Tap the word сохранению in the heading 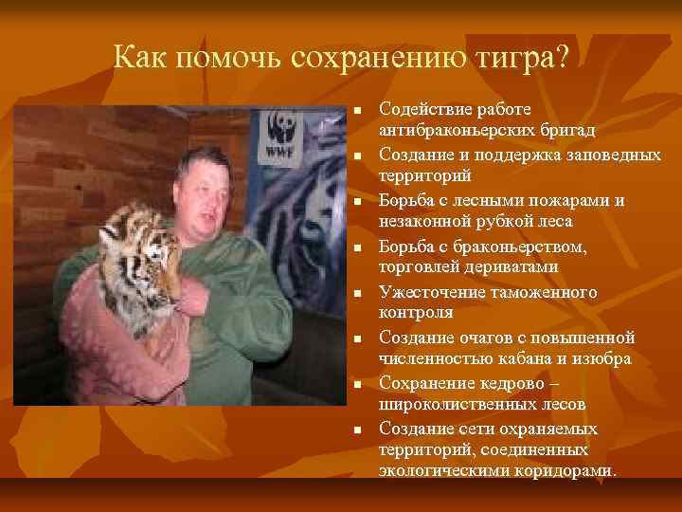[379, 58]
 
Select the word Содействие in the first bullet [423, 108]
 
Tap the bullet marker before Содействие [357, 109]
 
